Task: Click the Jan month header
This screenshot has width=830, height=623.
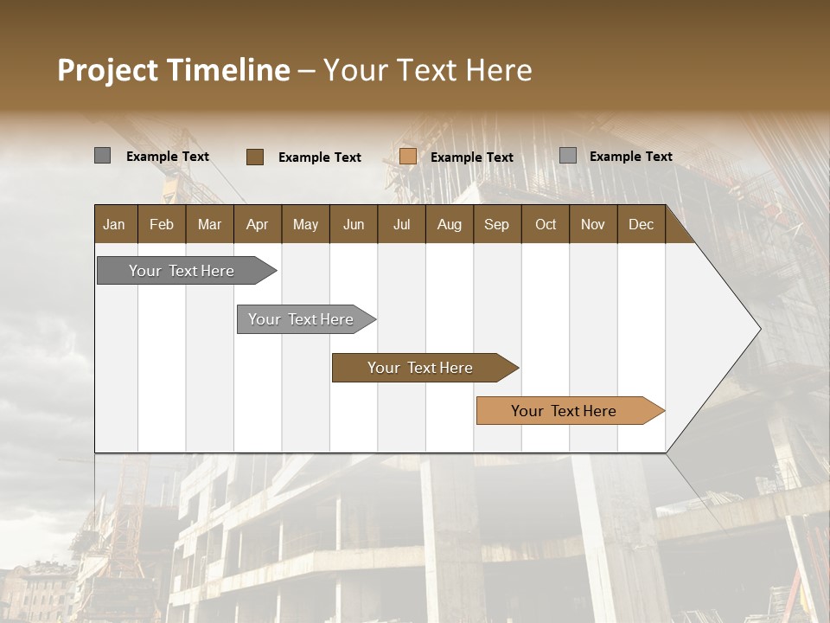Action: (115, 224)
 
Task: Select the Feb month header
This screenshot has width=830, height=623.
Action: (162, 224)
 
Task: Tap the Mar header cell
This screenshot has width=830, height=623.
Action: (209, 224)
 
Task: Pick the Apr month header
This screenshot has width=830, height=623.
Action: (258, 224)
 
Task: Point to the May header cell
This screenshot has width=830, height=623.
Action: (305, 224)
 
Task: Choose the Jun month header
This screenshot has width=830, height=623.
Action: (354, 224)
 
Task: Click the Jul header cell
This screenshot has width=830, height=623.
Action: (401, 224)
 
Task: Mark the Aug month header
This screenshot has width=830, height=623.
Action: (449, 224)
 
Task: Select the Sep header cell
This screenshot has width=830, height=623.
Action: (497, 224)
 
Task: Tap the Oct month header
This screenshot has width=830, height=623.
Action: (546, 224)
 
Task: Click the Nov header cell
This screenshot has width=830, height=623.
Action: (593, 224)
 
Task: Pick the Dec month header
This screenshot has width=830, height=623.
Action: (641, 224)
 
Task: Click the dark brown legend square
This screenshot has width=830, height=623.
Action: (255, 157)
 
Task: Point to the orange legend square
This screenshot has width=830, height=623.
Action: (408, 157)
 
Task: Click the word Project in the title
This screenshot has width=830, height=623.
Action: (107, 70)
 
